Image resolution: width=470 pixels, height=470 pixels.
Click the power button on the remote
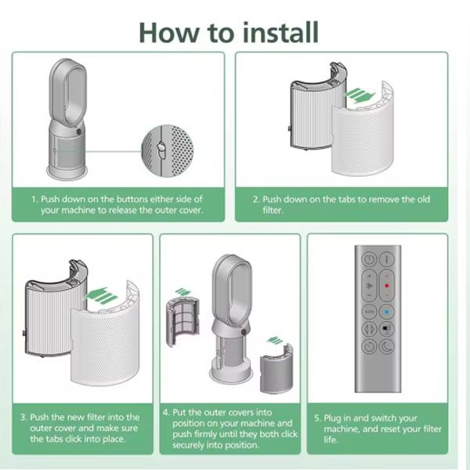click(369, 259)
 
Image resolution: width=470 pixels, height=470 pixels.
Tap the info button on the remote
click(387, 259)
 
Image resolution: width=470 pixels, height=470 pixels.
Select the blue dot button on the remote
click(387, 312)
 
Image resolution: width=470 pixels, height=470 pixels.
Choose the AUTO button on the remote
click(369, 312)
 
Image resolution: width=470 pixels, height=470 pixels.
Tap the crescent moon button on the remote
click(387, 347)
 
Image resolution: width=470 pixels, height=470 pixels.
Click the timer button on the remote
click(369, 347)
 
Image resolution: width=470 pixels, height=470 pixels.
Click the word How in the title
click(168, 32)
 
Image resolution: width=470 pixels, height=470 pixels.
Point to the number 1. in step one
click(35, 199)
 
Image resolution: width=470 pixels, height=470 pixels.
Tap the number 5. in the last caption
click(318, 418)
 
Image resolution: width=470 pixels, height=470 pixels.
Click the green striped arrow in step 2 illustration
click(360, 96)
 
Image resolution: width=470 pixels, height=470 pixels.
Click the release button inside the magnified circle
click(161, 150)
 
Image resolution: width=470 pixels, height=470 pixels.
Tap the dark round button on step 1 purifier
click(79, 132)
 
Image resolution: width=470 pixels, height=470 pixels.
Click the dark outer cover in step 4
click(276, 369)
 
